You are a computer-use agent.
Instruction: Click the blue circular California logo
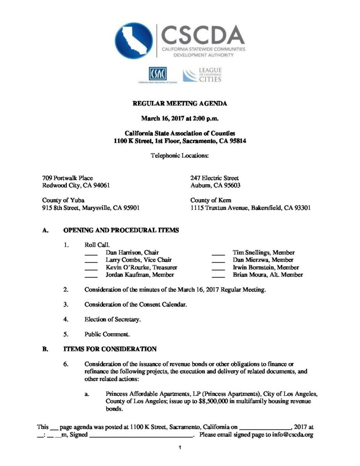click(x=134, y=41)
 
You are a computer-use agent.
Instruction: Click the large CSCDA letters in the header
click(x=203, y=34)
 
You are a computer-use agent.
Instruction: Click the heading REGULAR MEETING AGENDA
click(x=180, y=104)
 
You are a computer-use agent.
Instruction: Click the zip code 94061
click(x=100, y=186)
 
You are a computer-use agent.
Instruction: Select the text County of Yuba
click(x=63, y=200)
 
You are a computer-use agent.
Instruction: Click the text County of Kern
click(x=211, y=200)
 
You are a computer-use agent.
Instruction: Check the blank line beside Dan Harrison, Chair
click(x=91, y=253)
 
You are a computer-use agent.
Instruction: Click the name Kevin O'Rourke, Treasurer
click(x=141, y=268)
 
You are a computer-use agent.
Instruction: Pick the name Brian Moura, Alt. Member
click(x=268, y=275)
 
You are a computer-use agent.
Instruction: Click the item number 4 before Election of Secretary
click(x=66, y=319)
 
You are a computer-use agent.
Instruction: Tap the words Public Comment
click(x=107, y=334)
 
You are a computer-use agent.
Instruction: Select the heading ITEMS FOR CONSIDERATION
click(x=109, y=349)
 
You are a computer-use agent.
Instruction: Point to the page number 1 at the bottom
click(x=180, y=448)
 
